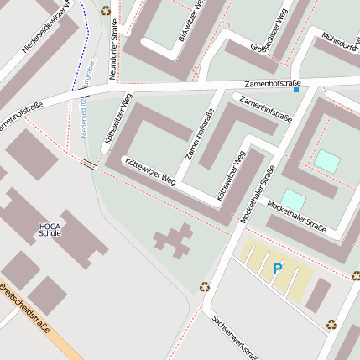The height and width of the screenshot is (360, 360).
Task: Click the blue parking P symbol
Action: pos(277,269)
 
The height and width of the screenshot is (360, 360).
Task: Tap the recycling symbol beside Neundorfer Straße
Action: pos(106,11)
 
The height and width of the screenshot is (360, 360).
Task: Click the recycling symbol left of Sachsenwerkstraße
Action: pos(205,286)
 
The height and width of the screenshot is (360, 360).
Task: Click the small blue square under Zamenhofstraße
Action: pos(295,89)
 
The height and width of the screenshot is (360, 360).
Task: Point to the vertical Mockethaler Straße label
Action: pos(257,195)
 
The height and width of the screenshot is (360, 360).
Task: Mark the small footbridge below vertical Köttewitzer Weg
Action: pos(87,164)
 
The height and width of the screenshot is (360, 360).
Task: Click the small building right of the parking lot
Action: pos(318,295)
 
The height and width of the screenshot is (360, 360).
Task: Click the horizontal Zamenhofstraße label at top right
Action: pos(273,85)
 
